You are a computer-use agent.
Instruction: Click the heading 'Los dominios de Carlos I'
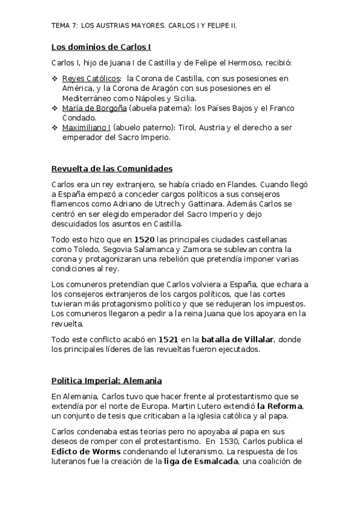pos(101,46)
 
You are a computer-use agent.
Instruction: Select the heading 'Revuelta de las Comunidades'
pos(112,168)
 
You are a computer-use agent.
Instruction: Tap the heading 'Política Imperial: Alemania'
pos(106,381)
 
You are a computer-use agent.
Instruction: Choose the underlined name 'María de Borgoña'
pos(93,108)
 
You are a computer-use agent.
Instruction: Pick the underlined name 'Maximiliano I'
pos(86,127)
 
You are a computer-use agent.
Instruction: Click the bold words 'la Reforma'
pos(279,406)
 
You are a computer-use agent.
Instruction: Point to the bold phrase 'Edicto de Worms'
pos(87,451)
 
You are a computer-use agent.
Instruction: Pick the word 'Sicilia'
pos(199,98)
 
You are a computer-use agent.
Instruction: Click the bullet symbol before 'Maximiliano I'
pos(55,127)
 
